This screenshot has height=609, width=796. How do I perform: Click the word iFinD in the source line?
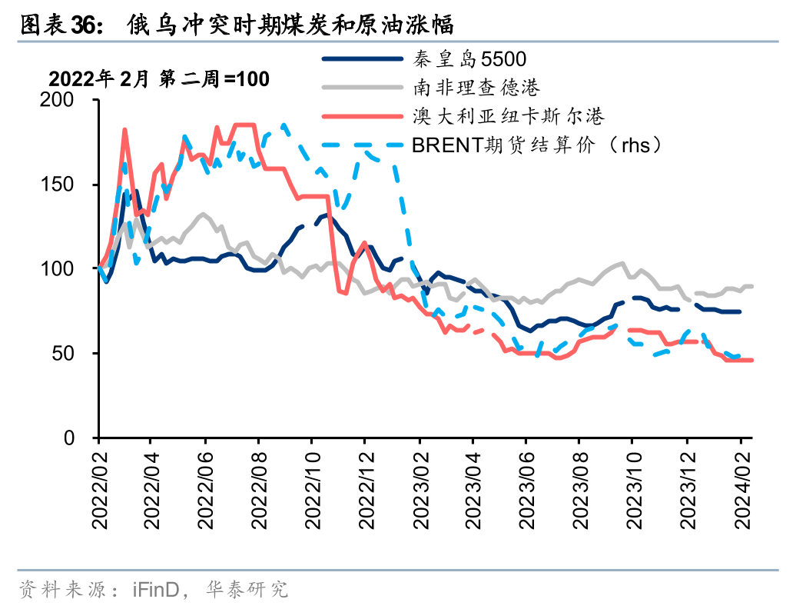tap(157, 590)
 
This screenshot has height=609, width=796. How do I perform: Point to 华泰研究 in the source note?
tap(247, 590)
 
